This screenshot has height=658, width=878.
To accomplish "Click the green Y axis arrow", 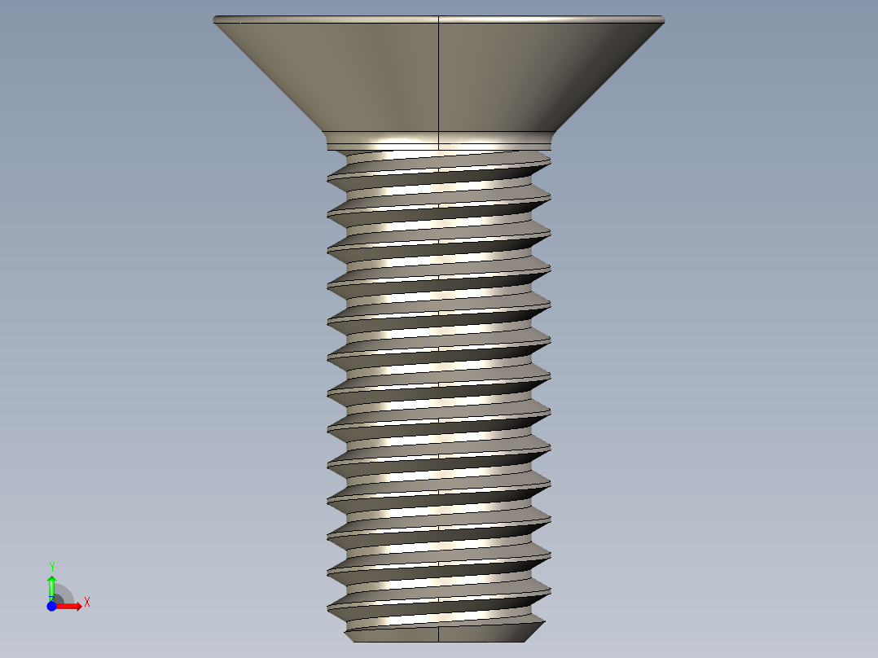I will tap(51, 586).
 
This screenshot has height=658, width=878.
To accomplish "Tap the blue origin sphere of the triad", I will tap(51, 606).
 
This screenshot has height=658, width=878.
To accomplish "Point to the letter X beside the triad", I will tap(87, 603).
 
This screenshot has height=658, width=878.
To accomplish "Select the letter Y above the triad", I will tap(51, 566).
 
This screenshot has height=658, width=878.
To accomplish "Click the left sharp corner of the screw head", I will tap(215, 20).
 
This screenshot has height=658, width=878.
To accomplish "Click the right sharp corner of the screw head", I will tap(663, 20).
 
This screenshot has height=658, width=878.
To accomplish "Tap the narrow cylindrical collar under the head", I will tap(440, 141).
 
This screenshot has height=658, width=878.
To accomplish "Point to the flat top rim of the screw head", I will tap(440, 17).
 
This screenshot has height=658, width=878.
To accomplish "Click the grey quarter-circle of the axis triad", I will tap(64, 595).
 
